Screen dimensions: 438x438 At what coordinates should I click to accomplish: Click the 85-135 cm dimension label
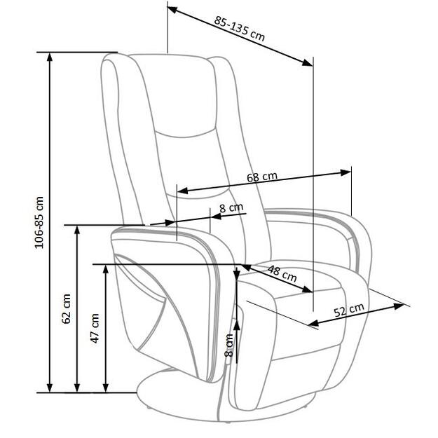(x=240, y=27)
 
